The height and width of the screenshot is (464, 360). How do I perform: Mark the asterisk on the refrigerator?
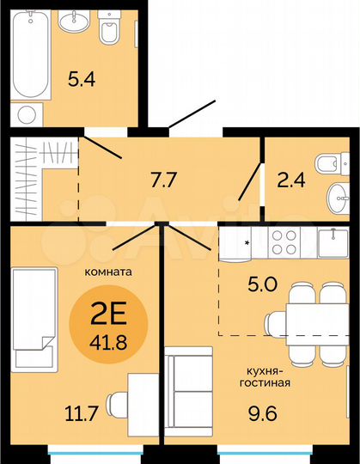247,243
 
